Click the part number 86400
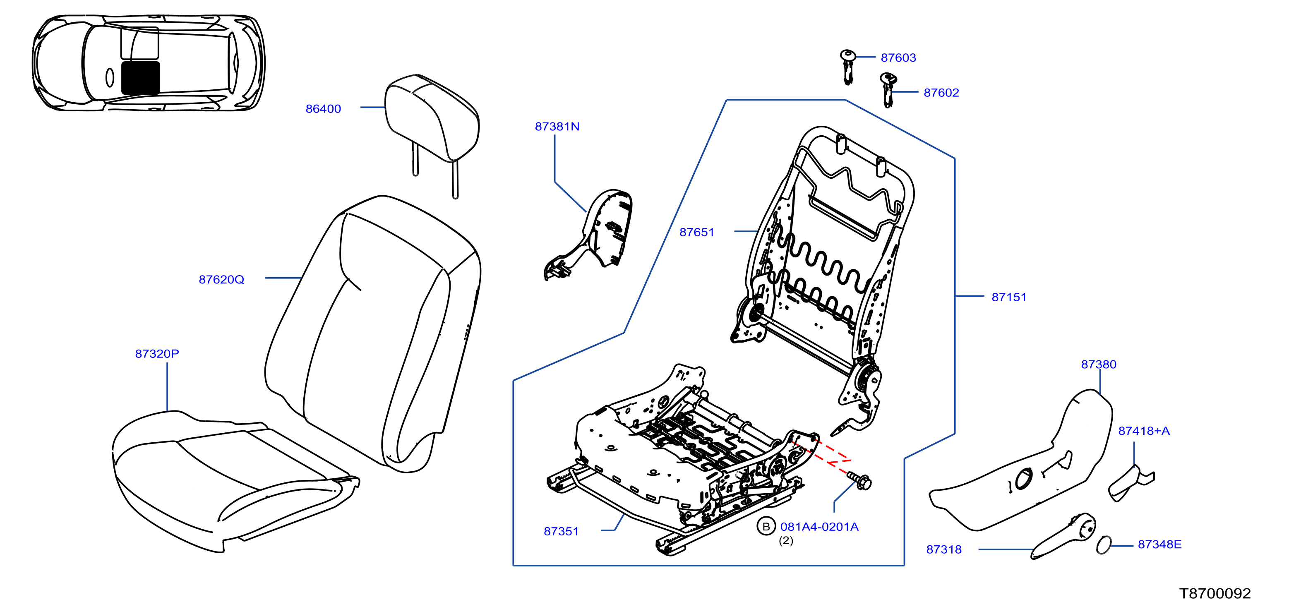[x=323, y=108]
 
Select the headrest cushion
[x=432, y=119]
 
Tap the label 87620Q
[x=221, y=279]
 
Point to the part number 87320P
[x=157, y=353]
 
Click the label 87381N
[x=557, y=126]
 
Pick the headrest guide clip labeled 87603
[x=847, y=67]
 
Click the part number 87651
[x=697, y=232]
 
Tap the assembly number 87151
[x=1009, y=297]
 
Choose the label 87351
[x=561, y=531]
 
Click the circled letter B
[x=766, y=527]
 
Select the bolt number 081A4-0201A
[x=819, y=527]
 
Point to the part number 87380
[x=1099, y=364]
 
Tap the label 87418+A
[x=1144, y=431]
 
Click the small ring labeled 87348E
[x=1104, y=545]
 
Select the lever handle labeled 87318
[x=1063, y=537]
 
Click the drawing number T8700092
[x=1215, y=593]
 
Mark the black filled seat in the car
[x=141, y=78]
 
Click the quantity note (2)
[x=786, y=541]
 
